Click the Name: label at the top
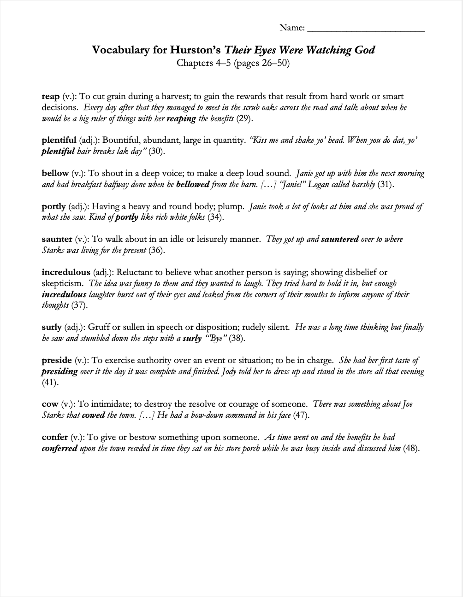[292, 28]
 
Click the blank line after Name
[365, 29]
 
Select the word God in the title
[364, 50]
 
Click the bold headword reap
[51, 97]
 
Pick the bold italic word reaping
[181, 119]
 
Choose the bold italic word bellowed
[193, 185]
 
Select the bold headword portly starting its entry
[53, 207]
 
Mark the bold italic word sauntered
[340, 240]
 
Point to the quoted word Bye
[216, 339]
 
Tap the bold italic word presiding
[59, 371]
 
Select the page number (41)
[50, 382]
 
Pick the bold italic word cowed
[93, 416]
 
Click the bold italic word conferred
[59, 449]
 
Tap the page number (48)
[411, 449]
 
